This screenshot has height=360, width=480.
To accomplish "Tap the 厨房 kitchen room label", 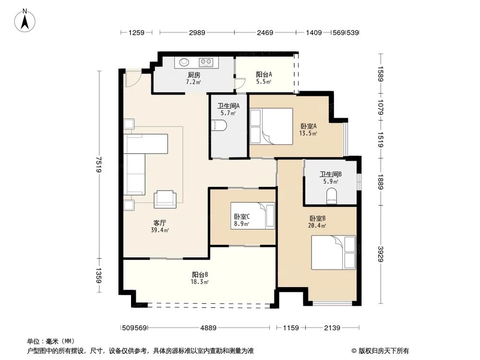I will point(193,75).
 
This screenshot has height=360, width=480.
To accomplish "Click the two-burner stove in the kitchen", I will point(206,61).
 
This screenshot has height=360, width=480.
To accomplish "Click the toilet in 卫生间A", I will point(219,126).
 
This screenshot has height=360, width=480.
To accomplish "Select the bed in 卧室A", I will point(271,126).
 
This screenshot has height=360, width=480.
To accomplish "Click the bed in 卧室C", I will point(252,216).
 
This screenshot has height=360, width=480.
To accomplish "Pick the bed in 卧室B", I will point(333,252).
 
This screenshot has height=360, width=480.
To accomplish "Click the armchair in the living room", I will point(165,199).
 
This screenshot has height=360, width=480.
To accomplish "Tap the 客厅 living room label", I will point(160,223).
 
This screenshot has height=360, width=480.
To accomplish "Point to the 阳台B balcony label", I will point(200,275).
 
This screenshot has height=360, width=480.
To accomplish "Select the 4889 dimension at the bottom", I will point(208,328).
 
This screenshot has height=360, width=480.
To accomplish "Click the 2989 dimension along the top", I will point(197,33).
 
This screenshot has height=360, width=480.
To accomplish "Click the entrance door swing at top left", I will point(132,78).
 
